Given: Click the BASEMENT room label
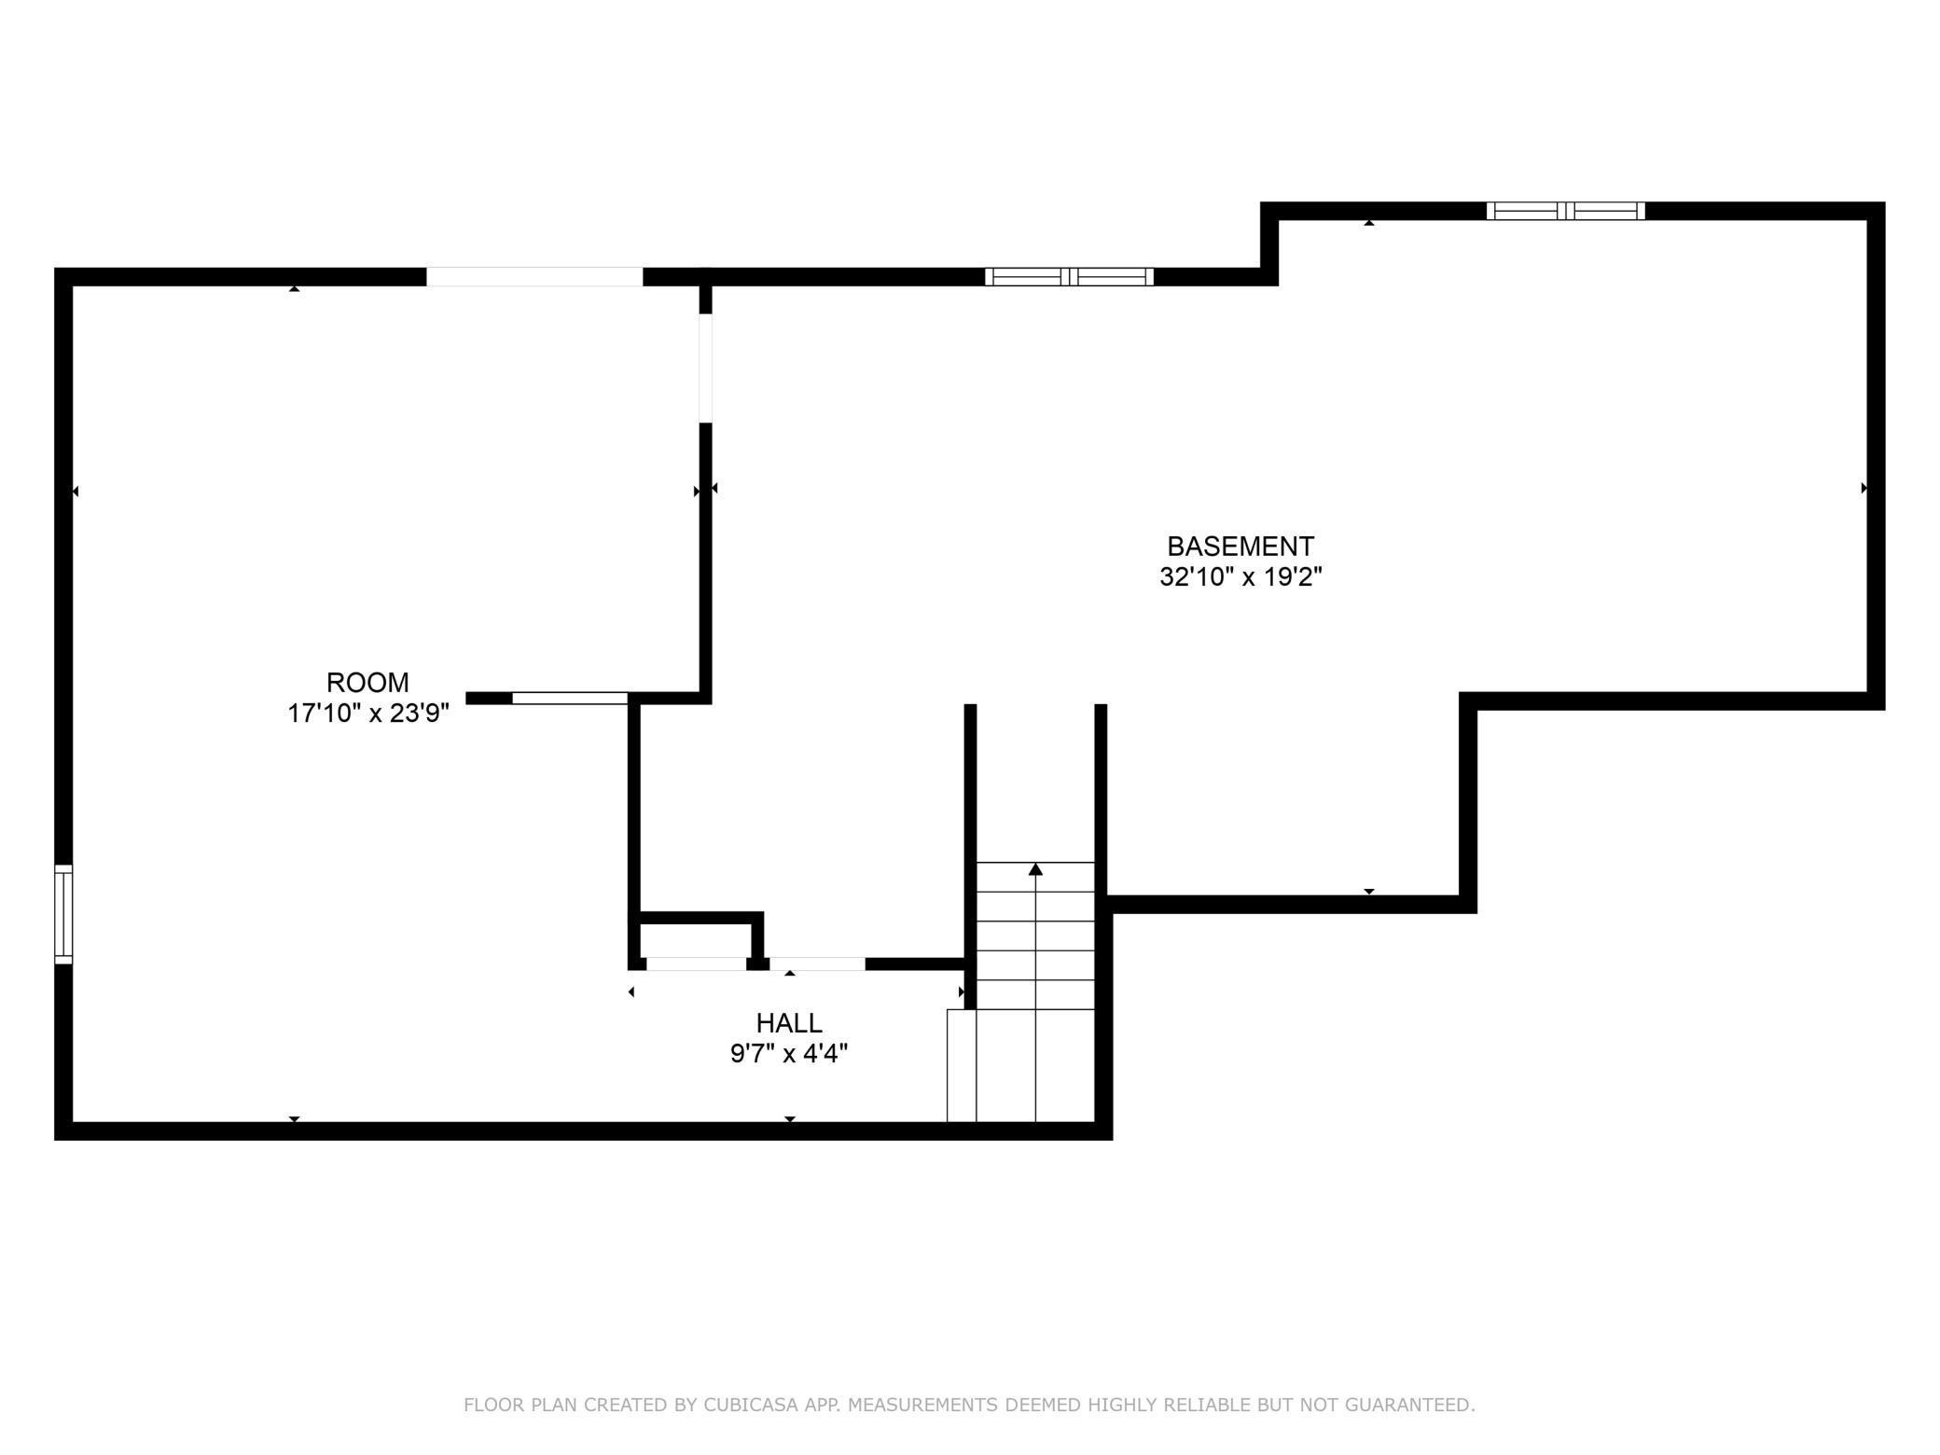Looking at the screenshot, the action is click(x=1240, y=546).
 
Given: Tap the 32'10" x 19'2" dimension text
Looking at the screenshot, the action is click(x=1240, y=577).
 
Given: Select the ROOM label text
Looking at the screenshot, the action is click(x=367, y=682).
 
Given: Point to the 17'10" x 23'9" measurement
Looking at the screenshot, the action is click(x=368, y=714).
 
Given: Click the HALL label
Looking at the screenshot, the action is click(x=789, y=1023).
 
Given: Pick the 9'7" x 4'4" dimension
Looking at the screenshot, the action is click(x=789, y=1054).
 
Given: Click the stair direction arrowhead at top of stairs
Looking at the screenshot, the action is click(x=1035, y=869).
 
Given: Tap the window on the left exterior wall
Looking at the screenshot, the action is click(x=63, y=914).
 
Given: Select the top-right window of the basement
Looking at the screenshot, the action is click(x=1565, y=211).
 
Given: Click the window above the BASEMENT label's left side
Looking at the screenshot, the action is click(x=1069, y=276).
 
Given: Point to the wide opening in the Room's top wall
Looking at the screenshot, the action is click(x=534, y=277).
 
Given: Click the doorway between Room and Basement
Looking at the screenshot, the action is click(x=706, y=368).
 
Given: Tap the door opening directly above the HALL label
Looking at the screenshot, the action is click(x=817, y=964).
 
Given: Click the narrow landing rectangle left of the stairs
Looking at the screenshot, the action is click(x=962, y=1065).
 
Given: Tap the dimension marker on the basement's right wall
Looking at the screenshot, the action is click(x=1864, y=488).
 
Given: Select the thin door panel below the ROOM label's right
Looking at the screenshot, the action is click(x=570, y=698).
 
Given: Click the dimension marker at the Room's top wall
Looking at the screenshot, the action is click(x=295, y=288).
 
